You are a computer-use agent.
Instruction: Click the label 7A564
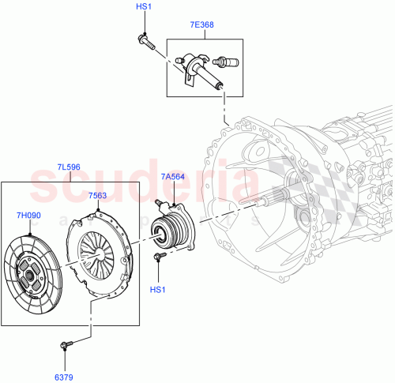coord(172,177)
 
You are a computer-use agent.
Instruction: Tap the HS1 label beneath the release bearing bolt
coord(158,289)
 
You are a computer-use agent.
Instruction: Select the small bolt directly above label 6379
coord(66,344)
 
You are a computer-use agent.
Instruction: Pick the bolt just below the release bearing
coord(159,256)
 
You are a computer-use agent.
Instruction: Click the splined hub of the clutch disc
coord(33,273)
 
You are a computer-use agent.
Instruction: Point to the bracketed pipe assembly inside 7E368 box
coord(194,66)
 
